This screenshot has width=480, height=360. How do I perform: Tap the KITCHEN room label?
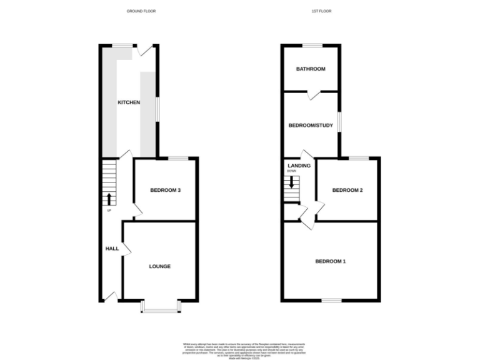pyautogui.click(x=129, y=102)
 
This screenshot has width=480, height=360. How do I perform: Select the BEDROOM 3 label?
pyautogui.click(x=166, y=190)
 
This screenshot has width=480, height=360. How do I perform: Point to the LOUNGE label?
pyautogui.click(x=159, y=266)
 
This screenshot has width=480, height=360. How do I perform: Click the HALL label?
pyautogui.click(x=112, y=249)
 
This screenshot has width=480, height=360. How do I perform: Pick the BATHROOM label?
pyautogui.click(x=311, y=69)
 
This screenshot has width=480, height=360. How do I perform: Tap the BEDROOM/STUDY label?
pyautogui.click(x=311, y=125)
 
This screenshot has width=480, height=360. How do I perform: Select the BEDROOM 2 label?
pyautogui.click(x=347, y=190)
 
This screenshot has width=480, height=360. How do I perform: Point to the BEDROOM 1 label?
pyautogui.click(x=330, y=261)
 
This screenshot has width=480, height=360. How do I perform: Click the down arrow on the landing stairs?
pyautogui.click(x=291, y=183)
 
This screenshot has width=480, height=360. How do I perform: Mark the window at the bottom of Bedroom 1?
pyautogui.click(x=331, y=300)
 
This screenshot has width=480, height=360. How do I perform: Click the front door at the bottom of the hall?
pyautogui.click(x=111, y=296)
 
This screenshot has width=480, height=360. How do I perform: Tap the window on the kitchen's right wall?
pyautogui.click(x=157, y=107)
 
